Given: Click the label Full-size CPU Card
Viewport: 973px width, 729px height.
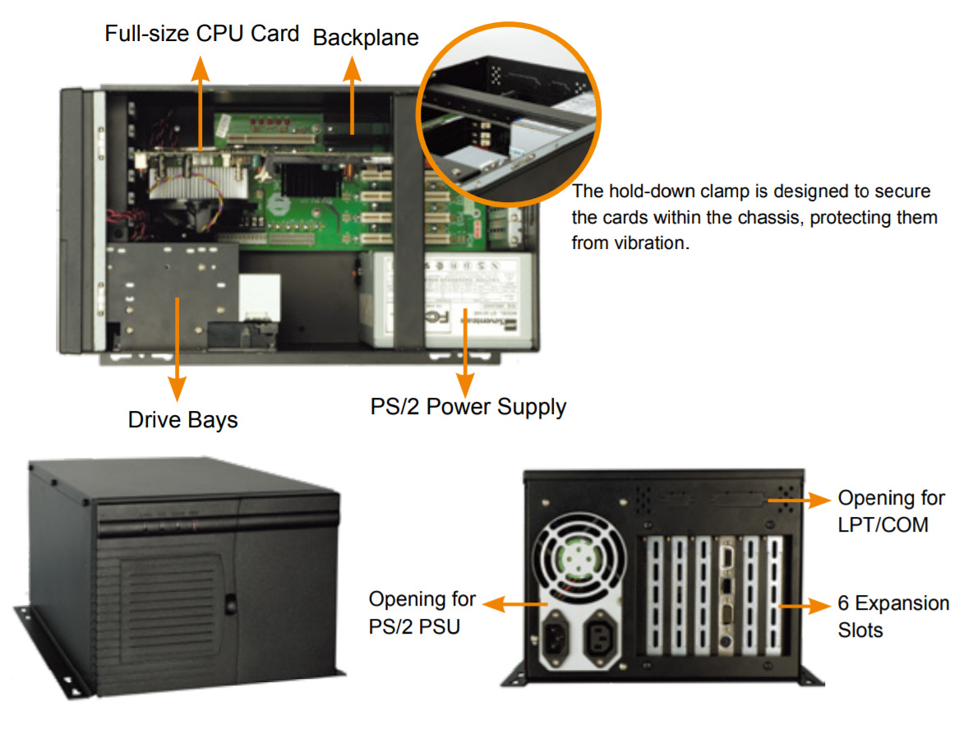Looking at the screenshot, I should pyautogui.click(x=201, y=35).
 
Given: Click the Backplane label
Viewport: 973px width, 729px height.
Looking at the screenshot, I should pyautogui.click(x=366, y=38).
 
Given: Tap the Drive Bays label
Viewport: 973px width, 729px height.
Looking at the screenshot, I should pyautogui.click(x=182, y=420).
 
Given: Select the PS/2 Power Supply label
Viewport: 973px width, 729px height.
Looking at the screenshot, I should pyautogui.click(x=468, y=406).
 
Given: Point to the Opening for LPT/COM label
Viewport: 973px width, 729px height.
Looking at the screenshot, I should pyautogui.click(x=891, y=510).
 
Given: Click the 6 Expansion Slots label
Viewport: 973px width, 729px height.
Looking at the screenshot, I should pyautogui.click(x=892, y=616).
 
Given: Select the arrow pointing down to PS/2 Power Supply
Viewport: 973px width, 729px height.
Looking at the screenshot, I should pyautogui.click(x=466, y=353).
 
